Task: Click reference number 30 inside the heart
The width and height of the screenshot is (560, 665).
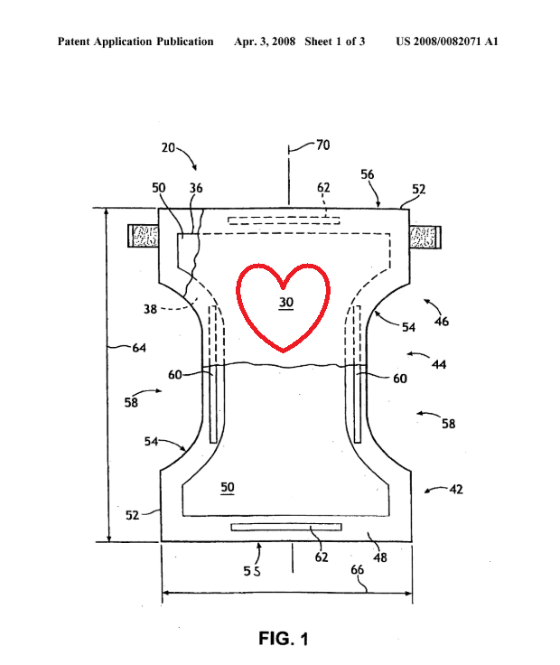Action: pyautogui.click(x=285, y=304)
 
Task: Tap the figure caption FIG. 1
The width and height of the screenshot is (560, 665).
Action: pyautogui.click(x=283, y=639)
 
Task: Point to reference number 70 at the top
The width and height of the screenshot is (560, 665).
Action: pyautogui.click(x=322, y=143)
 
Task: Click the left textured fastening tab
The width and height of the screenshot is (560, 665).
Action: pyautogui.click(x=145, y=238)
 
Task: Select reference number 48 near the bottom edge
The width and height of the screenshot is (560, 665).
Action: pyautogui.click(x=380, y=557)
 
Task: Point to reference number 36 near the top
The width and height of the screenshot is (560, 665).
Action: pyautogui.click(x=196, y=188)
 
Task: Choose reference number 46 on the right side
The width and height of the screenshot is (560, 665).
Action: pyautogui.click(x=442, y=321)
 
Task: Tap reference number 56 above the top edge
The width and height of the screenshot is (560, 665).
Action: pyautogui.click(x=368, y=173)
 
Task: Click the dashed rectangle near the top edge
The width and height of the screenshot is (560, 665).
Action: pyautogui.click(x=284, y=220)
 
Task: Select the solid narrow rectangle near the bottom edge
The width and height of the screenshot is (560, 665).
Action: pyautogui.click(x=285, y=527)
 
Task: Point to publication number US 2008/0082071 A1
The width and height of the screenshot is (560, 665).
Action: pyautogui.click(x=447, y=42)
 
